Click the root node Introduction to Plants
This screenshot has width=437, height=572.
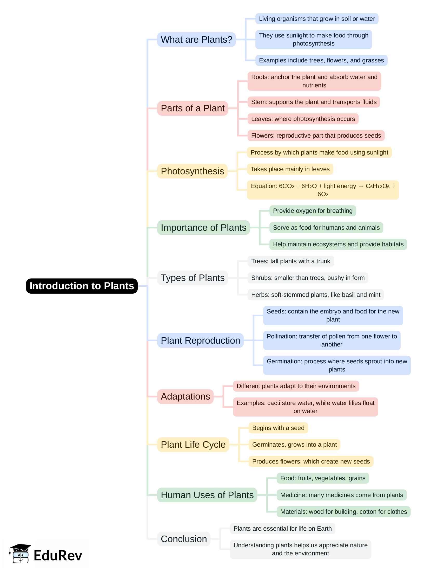82,286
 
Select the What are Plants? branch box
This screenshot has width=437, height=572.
196,40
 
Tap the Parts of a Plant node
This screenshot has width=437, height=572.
193,108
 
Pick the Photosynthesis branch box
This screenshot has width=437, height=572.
192,171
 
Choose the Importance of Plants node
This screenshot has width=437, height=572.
203,228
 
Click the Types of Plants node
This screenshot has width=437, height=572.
193,278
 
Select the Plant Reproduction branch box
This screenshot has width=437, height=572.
200,340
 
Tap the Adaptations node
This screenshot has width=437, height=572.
185,396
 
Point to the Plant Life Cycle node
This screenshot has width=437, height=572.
193,445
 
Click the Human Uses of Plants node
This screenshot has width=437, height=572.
207,495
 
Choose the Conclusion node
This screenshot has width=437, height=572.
184,539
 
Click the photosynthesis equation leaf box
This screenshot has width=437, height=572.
322,190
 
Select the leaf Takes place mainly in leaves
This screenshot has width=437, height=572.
290,169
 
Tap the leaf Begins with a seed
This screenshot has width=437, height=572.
278,428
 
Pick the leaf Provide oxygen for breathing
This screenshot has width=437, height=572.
312,211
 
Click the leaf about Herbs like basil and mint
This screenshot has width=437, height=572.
315,294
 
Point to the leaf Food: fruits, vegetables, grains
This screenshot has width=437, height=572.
322,478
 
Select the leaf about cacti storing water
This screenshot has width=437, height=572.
305,407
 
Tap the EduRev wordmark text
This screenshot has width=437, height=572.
58,555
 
